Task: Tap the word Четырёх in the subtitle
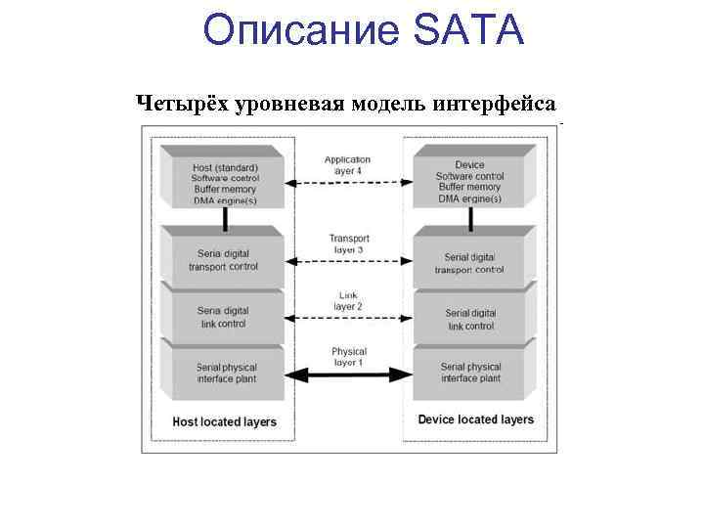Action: [180, 103]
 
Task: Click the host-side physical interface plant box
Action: [225, 373]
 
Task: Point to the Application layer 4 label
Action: [347, 164]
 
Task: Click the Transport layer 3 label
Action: [348, 243]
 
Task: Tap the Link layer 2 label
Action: [348, 300]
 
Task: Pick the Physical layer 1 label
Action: [348, 357]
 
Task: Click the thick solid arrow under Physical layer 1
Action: [347, 374]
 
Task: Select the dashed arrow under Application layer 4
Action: [347, 182]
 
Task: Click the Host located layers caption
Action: [224, 422]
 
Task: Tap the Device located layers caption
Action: [475, 419]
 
